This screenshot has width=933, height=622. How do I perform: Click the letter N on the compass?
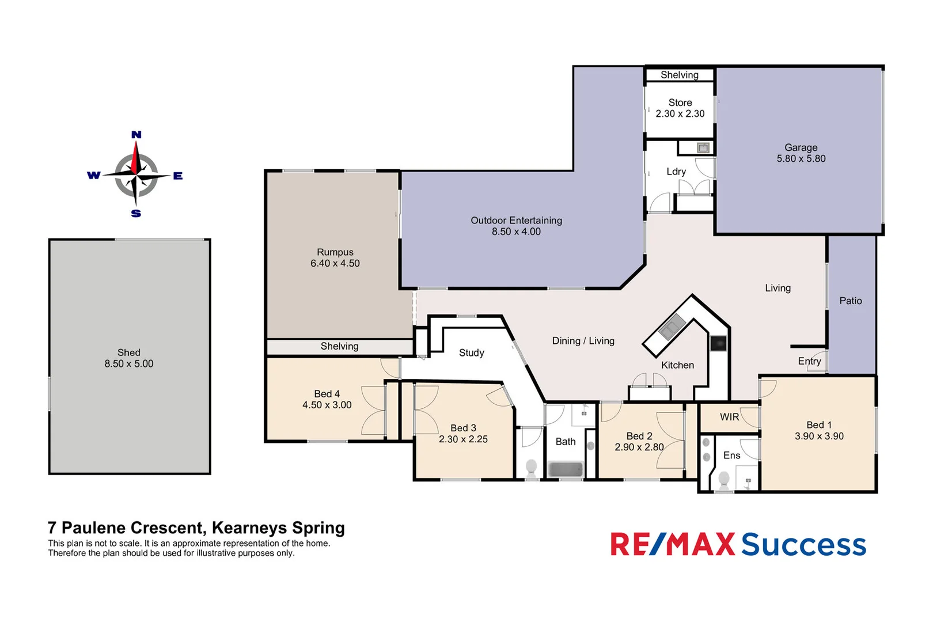136,135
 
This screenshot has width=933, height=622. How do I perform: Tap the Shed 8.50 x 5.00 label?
129,358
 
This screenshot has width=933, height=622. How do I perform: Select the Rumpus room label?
335,252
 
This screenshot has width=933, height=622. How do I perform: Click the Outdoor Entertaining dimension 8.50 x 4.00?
516,232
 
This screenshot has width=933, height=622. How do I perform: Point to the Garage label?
801,147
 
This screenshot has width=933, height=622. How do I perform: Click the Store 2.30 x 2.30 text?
680,108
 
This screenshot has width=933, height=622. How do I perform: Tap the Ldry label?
676,172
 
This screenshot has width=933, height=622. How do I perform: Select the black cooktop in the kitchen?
718,344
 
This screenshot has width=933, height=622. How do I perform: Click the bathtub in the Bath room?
566,469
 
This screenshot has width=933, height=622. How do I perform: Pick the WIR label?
729,417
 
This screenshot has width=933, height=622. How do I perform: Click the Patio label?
850,301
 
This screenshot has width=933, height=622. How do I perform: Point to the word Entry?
809,361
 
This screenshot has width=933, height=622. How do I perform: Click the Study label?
471,352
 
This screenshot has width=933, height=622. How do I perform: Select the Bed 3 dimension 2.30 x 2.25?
463,439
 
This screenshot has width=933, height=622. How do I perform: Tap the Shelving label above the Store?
680,75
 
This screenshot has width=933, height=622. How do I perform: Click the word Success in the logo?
803,545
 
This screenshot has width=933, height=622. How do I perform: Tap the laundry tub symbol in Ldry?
703,148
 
